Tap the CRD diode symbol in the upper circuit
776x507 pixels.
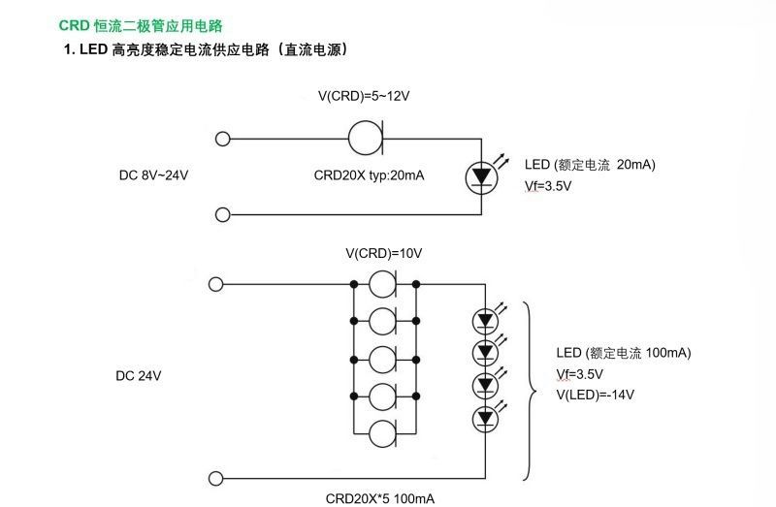tap(368, 138)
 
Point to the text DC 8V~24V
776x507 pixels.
tap(153, 175)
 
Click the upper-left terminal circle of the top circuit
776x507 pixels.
tap(222, 139)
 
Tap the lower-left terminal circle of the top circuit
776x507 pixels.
tap(222, 213)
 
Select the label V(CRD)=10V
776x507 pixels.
tap(384, 253)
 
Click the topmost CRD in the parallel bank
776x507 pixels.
tap(383, 284)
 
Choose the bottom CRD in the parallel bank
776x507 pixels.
tap(383, 427)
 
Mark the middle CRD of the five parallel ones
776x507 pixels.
tap(383, 356)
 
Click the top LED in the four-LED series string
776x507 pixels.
tap(484, 319)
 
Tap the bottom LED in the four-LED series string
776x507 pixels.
tap(484, 420)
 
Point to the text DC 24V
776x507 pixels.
tap(139, 374)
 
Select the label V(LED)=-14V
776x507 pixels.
tap(595, 394)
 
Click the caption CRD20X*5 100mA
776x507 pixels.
tap(380, 498)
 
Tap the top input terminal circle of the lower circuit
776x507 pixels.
tap(216, 284)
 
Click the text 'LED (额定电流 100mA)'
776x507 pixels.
tap(623, 352)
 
